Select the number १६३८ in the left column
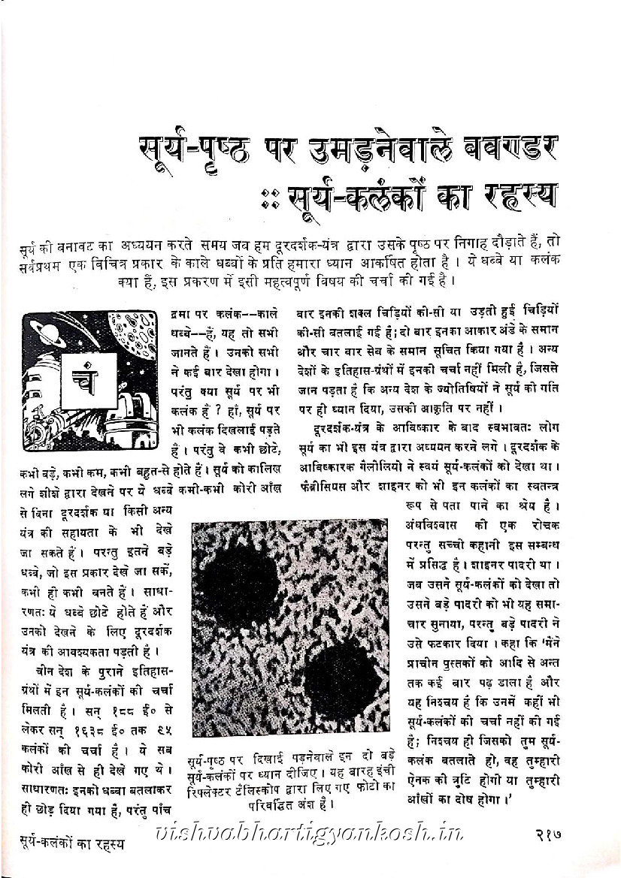[87, 729]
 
